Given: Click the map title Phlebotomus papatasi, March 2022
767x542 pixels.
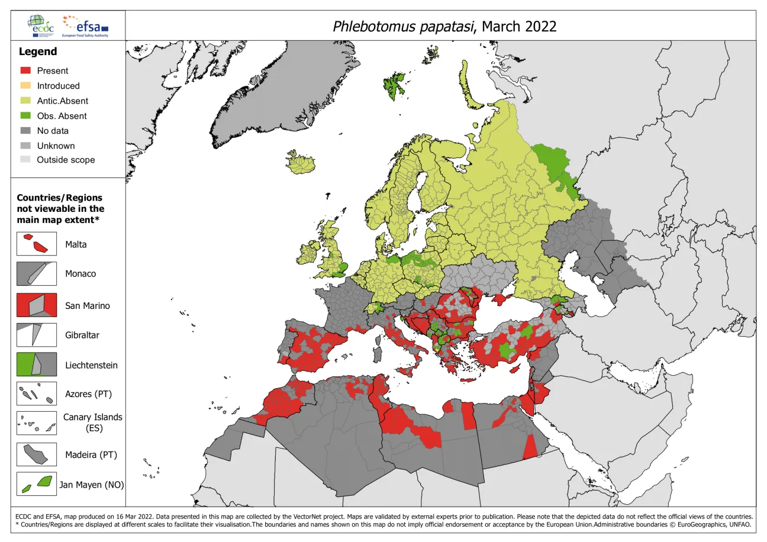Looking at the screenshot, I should point(444,27).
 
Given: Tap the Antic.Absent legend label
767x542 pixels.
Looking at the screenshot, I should point(62,101).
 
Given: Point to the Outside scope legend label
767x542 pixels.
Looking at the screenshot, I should point(66,160).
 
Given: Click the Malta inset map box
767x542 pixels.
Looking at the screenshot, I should point(37,244).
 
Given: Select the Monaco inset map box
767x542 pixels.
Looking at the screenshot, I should point(37,274).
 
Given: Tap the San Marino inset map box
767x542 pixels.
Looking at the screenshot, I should point(37,305).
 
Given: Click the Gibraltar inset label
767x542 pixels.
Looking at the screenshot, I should point(82,335).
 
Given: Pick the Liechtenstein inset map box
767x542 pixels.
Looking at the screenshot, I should point(37,364).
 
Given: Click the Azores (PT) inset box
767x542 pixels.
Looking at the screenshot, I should point(37,394).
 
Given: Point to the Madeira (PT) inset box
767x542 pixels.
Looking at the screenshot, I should point(37,454).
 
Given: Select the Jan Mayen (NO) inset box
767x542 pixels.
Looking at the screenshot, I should point(37,484).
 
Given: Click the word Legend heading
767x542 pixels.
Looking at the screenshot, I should point(38,51).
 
